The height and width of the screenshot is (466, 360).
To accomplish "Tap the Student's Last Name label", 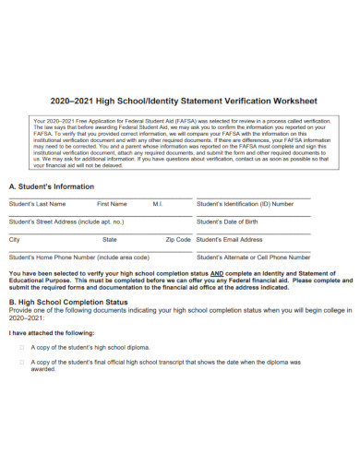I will click(37, 204).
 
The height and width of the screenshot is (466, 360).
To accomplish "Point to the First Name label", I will click(112, 204).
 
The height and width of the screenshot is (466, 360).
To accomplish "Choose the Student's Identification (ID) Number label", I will click(246, 204).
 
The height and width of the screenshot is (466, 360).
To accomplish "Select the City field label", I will click(14, 239).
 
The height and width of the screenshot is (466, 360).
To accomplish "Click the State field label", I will click(110, 239).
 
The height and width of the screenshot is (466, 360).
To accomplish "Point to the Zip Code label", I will click(178, 239).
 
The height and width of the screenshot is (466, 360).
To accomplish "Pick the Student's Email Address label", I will click(230, 239).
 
